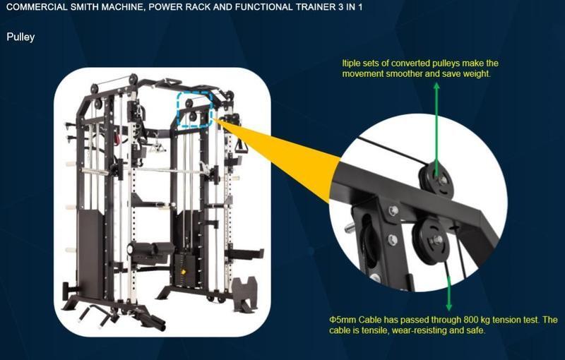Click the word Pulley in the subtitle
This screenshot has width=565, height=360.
coord(20,37)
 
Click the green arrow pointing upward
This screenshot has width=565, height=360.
coord(436,130)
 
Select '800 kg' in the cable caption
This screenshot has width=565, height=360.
coord(476,320)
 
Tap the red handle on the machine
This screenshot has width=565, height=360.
coord(117,138)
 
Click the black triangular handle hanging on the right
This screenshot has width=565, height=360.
coord(240,146)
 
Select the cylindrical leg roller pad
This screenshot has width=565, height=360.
coord(150,248)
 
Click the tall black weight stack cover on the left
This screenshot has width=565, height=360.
coord(90,255)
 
